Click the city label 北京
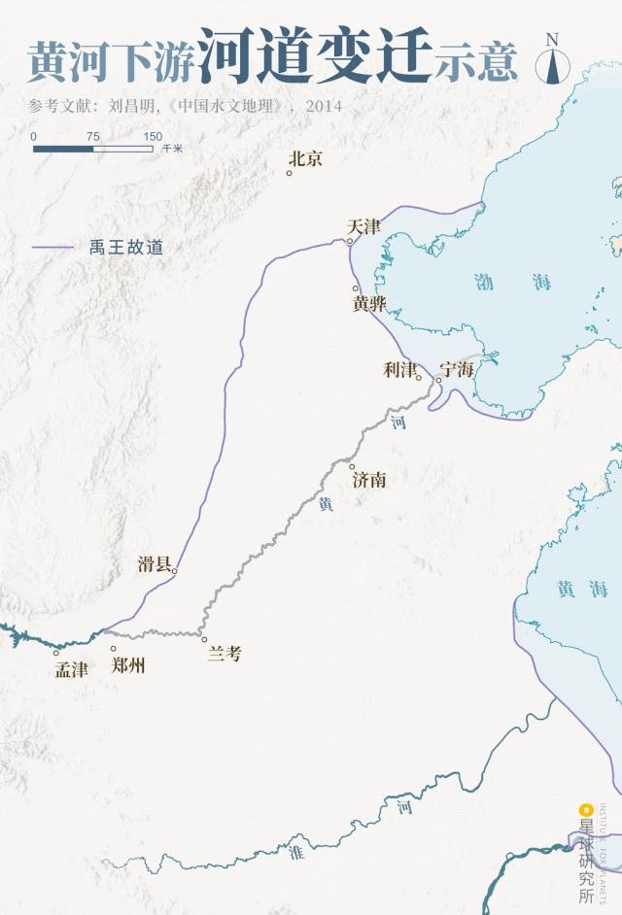306,158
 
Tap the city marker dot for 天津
350,242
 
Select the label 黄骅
369,304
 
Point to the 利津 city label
399,369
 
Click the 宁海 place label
456,369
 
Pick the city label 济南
369,479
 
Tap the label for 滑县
155,564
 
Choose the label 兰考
225,654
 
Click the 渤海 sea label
513,283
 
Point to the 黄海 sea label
581,589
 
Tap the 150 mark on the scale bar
153,137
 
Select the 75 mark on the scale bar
92,137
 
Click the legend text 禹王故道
126,248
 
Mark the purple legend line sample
52,248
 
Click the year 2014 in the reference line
324,106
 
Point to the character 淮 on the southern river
295,852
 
